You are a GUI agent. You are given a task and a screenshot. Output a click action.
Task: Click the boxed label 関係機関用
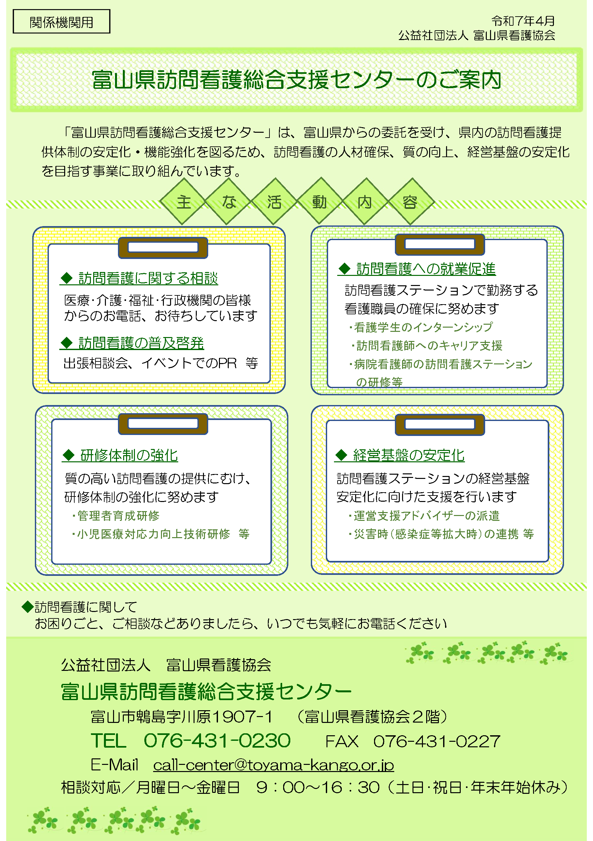(62, 21)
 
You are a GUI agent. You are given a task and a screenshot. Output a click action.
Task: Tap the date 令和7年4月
(523, 21)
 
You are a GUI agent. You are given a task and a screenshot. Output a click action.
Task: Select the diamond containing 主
(183, 201)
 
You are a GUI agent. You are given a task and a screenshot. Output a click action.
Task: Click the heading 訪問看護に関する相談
(139, 278)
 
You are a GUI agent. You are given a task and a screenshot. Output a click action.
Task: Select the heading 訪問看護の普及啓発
(132, 343)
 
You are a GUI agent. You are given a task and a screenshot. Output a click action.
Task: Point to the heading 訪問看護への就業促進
(417, 268)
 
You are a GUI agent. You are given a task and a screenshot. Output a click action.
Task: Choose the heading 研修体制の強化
(120, 455)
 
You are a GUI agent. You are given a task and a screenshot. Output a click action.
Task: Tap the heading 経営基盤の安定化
(400, 455)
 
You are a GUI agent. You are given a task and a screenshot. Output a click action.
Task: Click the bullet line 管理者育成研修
(116, 516)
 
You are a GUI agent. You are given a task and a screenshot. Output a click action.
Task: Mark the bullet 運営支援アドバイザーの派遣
(424, 516)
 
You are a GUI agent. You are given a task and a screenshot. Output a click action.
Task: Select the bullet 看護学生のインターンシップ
(421, 327)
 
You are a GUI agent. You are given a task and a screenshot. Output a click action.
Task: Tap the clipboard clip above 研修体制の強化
(163, 424)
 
